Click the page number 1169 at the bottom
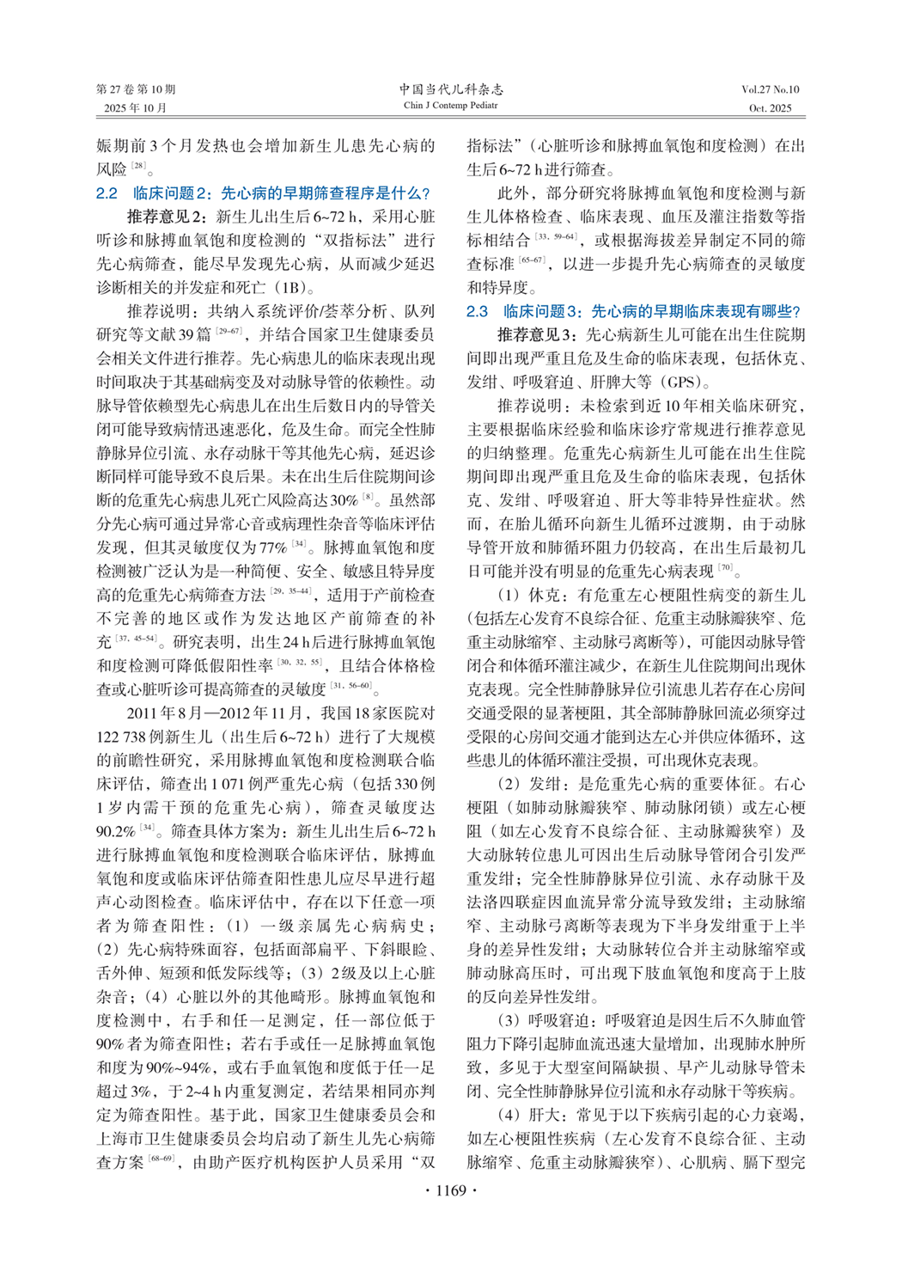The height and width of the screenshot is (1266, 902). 450,1190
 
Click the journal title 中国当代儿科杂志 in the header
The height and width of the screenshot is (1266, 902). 451,89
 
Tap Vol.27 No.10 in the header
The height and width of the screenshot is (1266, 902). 770,89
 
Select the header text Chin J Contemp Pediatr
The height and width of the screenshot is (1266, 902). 451,106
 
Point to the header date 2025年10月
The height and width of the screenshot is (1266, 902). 136,108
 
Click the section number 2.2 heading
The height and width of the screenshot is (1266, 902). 107,193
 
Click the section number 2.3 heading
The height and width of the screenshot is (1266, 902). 477,311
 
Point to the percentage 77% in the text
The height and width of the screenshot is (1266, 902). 273,547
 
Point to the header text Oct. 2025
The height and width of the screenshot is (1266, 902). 770,108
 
